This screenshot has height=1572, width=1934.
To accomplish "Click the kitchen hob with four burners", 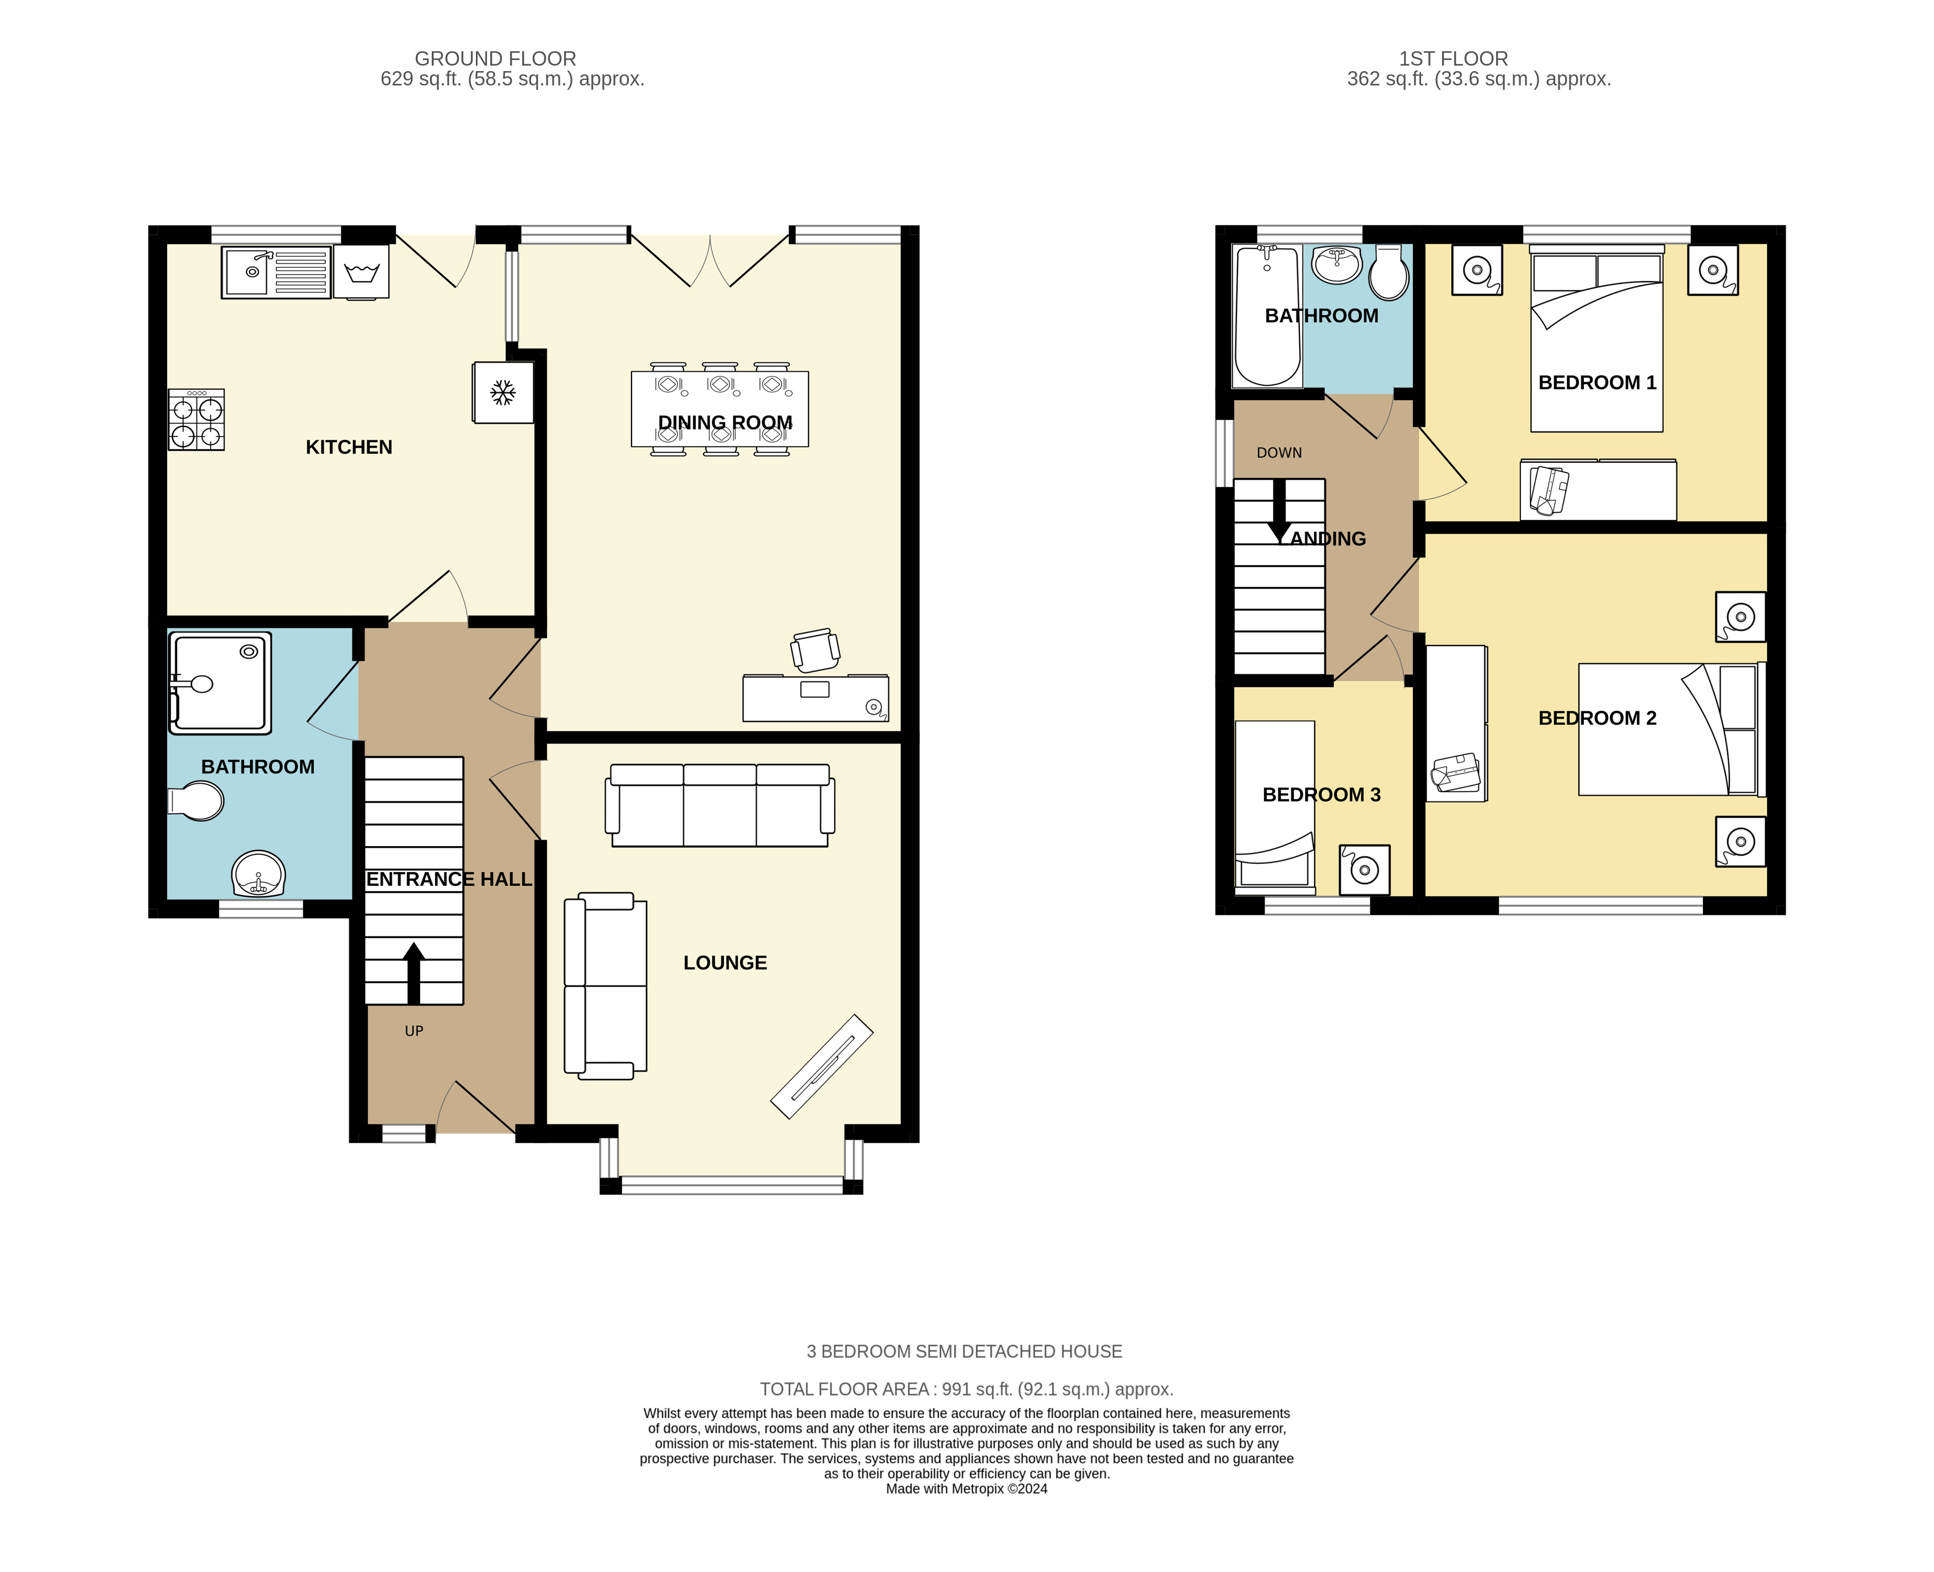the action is [x=196, y=419].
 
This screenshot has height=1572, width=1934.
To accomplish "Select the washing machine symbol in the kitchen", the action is [x=361, y=271].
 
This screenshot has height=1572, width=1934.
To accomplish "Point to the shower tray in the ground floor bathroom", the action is [x=219, y=682].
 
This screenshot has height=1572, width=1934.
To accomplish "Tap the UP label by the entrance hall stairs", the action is [x=414, y=1031].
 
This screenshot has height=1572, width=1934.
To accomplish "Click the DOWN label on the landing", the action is [x=1279, y=453].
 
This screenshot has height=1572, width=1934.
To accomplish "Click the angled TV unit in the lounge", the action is [x=822, y=1066].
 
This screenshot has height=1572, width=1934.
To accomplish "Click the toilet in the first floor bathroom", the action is [x=1389, y=272].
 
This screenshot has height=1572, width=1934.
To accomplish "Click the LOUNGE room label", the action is [x=725, y=962].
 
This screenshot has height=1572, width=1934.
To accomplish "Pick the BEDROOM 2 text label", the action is [x=1597, y=718].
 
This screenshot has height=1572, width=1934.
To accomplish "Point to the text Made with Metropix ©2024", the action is [x=967, y=1489].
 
